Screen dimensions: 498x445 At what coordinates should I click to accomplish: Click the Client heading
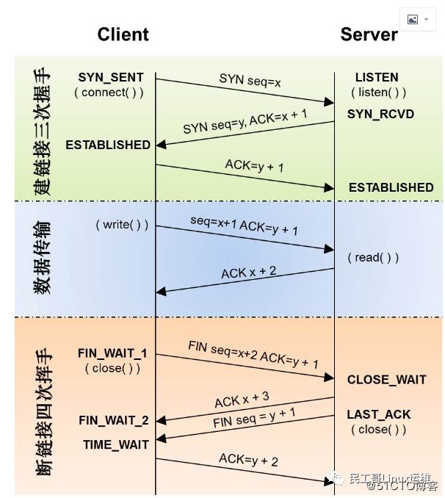point(123,35)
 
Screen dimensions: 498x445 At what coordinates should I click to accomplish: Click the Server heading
point(369,35)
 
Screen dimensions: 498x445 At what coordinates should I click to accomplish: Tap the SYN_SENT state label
point(111,77)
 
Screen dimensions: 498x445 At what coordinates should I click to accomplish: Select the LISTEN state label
point(377,77)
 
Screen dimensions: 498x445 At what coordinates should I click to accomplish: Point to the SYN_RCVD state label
point(380,114)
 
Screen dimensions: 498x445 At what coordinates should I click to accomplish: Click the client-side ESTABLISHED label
point(108,145)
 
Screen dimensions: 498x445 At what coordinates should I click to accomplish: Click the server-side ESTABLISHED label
point(391,187)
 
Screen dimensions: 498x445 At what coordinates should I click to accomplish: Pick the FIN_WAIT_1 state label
point(112,353)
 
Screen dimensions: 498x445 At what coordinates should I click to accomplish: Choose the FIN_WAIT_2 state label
point(114,420)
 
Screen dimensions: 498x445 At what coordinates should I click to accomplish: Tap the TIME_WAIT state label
point(115,444)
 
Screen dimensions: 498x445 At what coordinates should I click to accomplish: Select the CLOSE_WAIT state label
point(386,380)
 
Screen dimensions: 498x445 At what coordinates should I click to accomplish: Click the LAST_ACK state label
point(379,415)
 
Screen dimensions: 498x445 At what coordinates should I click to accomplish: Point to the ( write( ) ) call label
point(122,225)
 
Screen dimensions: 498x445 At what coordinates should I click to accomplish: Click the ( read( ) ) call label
point(374,257)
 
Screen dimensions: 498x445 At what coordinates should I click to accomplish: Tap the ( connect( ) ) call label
point(109,93)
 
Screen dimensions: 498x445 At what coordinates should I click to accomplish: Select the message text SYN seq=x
point(250,81)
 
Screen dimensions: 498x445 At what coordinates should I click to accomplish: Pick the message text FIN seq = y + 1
point(254,418)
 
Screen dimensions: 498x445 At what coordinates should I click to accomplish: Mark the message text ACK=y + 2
point(248,461)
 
